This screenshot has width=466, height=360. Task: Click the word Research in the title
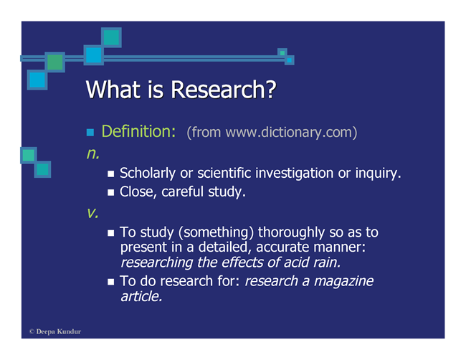pos(223,90)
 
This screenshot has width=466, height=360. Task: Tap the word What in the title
pos(113,90)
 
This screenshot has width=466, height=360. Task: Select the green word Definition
pos(138,131)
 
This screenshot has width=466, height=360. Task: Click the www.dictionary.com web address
pos(289,132)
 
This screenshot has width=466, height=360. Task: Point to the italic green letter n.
pos(93,153)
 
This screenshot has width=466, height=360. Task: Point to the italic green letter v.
pos(92,212)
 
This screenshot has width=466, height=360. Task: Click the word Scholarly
pos(148,174)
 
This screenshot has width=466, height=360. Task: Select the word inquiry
pos(378,174)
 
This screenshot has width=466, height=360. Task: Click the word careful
pos(182,191)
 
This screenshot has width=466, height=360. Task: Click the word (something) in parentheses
pos(216,232)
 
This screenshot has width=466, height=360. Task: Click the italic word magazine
pos(343,281)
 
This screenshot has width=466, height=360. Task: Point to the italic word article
pos(141,296)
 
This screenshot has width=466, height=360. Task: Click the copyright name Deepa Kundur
pos(59,331)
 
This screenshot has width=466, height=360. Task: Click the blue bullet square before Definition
pos(90,132)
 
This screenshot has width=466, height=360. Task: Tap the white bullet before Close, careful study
pos(111,193)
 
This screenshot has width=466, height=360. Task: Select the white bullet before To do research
pos(111,282)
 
